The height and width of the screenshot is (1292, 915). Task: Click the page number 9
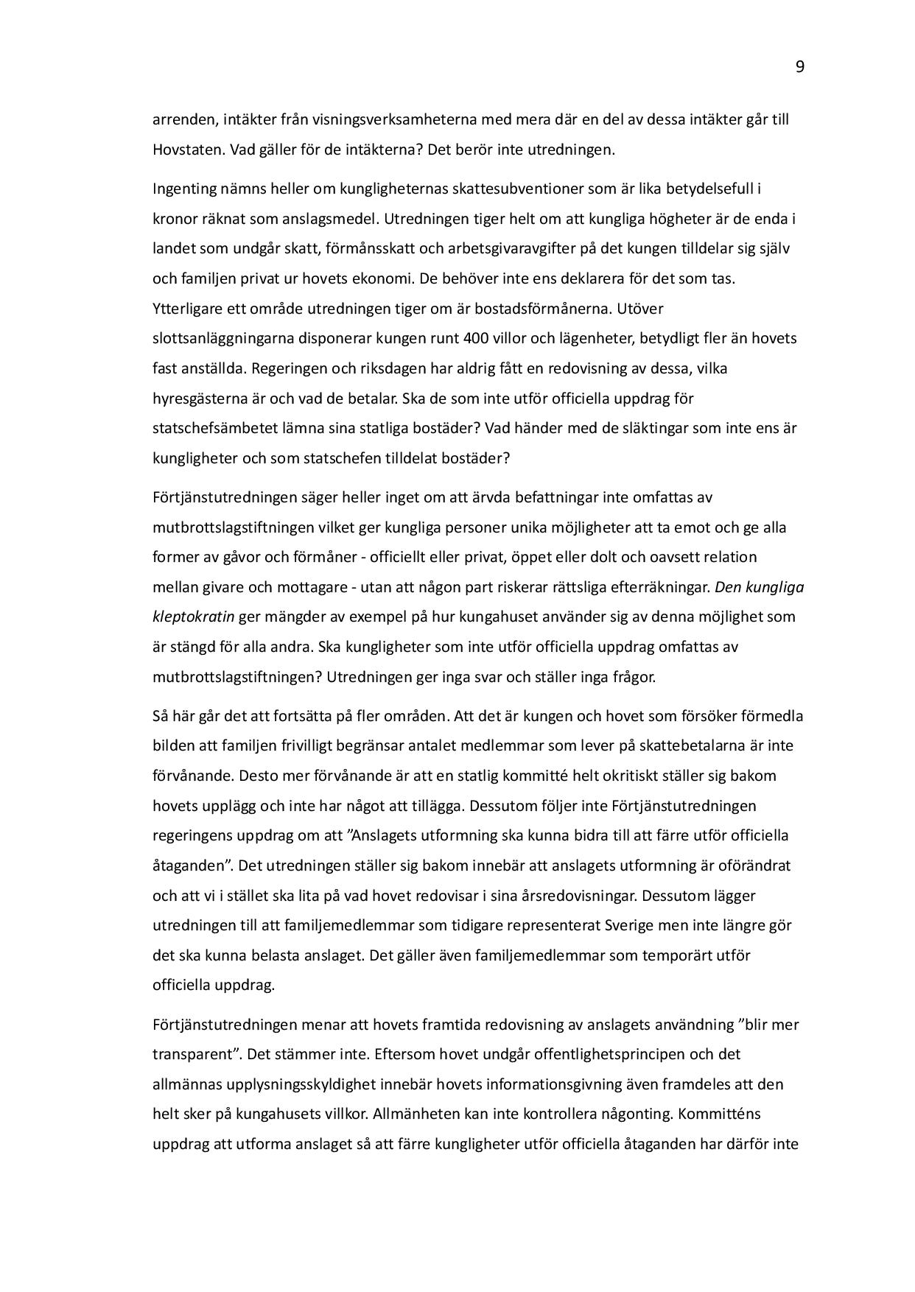(x=800, y=68)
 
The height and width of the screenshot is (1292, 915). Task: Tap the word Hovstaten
(x=188, y=150)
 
